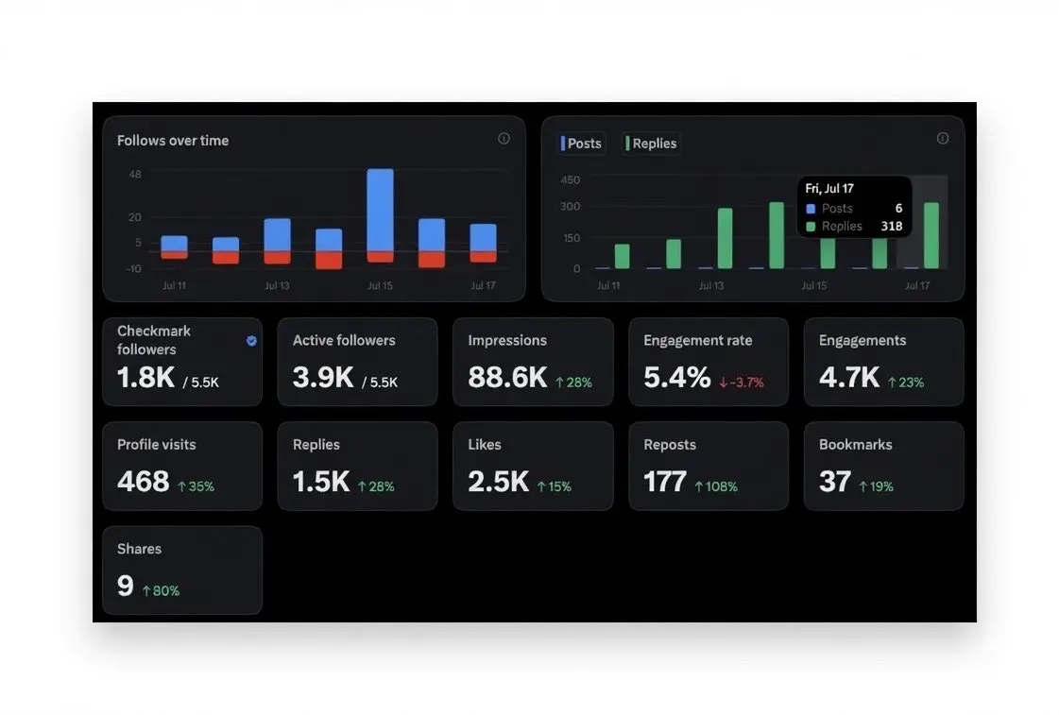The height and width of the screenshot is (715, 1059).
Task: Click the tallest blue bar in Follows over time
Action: pos(381,210)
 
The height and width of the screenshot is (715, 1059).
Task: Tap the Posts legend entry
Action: pos(582,144)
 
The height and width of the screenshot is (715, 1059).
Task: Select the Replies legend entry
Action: pos(651,144)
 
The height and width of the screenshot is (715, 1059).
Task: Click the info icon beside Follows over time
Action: pos(504,139)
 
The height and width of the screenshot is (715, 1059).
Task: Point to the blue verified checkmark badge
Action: pos(251,341)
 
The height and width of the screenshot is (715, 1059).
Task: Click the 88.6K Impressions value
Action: pos(507,378)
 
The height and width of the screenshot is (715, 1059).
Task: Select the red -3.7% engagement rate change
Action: pos(741,383)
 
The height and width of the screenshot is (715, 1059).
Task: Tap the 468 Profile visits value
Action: pos(144,482)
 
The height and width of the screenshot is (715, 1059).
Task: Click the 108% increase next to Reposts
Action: pos(716,486)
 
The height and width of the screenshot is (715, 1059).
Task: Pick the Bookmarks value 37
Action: pos(835,482)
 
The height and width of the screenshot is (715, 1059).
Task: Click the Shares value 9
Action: pos(126,586)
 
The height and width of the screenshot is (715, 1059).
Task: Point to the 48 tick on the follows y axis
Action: pos(135,174)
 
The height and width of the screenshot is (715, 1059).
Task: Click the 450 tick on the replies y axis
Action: pos(570,179)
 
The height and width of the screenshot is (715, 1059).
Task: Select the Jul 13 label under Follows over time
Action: pos(277,285)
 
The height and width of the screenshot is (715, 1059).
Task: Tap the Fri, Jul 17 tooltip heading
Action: pos(829,188)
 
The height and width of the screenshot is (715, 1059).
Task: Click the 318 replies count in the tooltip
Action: pos(892,226)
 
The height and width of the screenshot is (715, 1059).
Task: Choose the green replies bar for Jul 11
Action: pos(622,257)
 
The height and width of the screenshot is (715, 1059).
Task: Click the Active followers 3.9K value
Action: pos(323,378)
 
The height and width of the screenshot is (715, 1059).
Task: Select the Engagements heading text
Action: pos(863,341)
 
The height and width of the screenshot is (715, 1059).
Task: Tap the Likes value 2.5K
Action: pos(499,482)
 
